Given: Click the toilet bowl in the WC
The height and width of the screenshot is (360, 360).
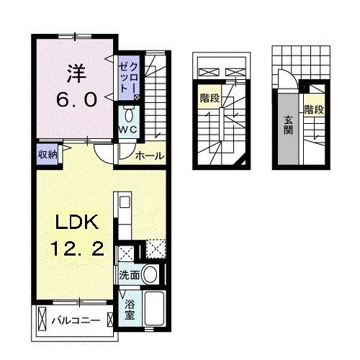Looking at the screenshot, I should click(129, 114).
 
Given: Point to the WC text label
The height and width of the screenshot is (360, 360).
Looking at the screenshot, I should click(128, 130).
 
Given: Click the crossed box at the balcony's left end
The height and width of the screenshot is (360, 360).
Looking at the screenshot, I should click(43, 318).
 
